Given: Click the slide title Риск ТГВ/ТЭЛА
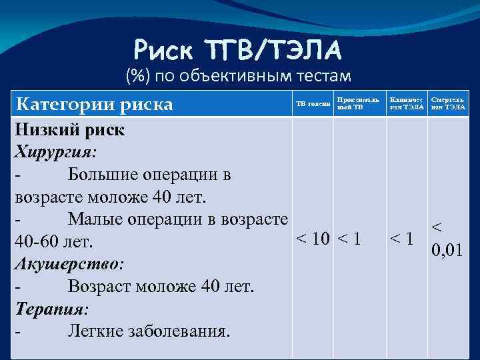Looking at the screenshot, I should (238, 49).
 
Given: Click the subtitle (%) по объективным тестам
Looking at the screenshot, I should (238, 77).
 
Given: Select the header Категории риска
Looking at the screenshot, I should (94, 104).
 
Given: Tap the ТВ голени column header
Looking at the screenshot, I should (313, 104).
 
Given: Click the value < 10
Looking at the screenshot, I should (313, 239).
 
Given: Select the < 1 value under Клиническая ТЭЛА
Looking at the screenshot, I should (403, 239).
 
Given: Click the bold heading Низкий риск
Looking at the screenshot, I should (69, 129).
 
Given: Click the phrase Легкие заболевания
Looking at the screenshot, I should (148, 331).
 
